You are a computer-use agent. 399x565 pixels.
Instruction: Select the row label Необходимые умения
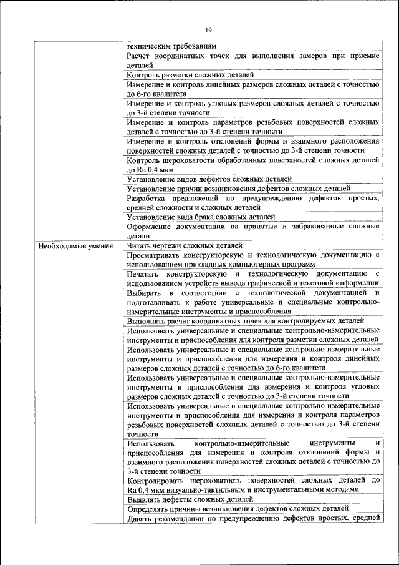(x=75, y=245)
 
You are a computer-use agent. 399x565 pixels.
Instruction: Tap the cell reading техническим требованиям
(x=171, y=46)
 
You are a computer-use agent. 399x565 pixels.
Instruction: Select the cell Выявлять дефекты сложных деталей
(x=181, y=499)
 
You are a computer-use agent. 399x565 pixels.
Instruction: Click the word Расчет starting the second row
(x=141, y=56)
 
